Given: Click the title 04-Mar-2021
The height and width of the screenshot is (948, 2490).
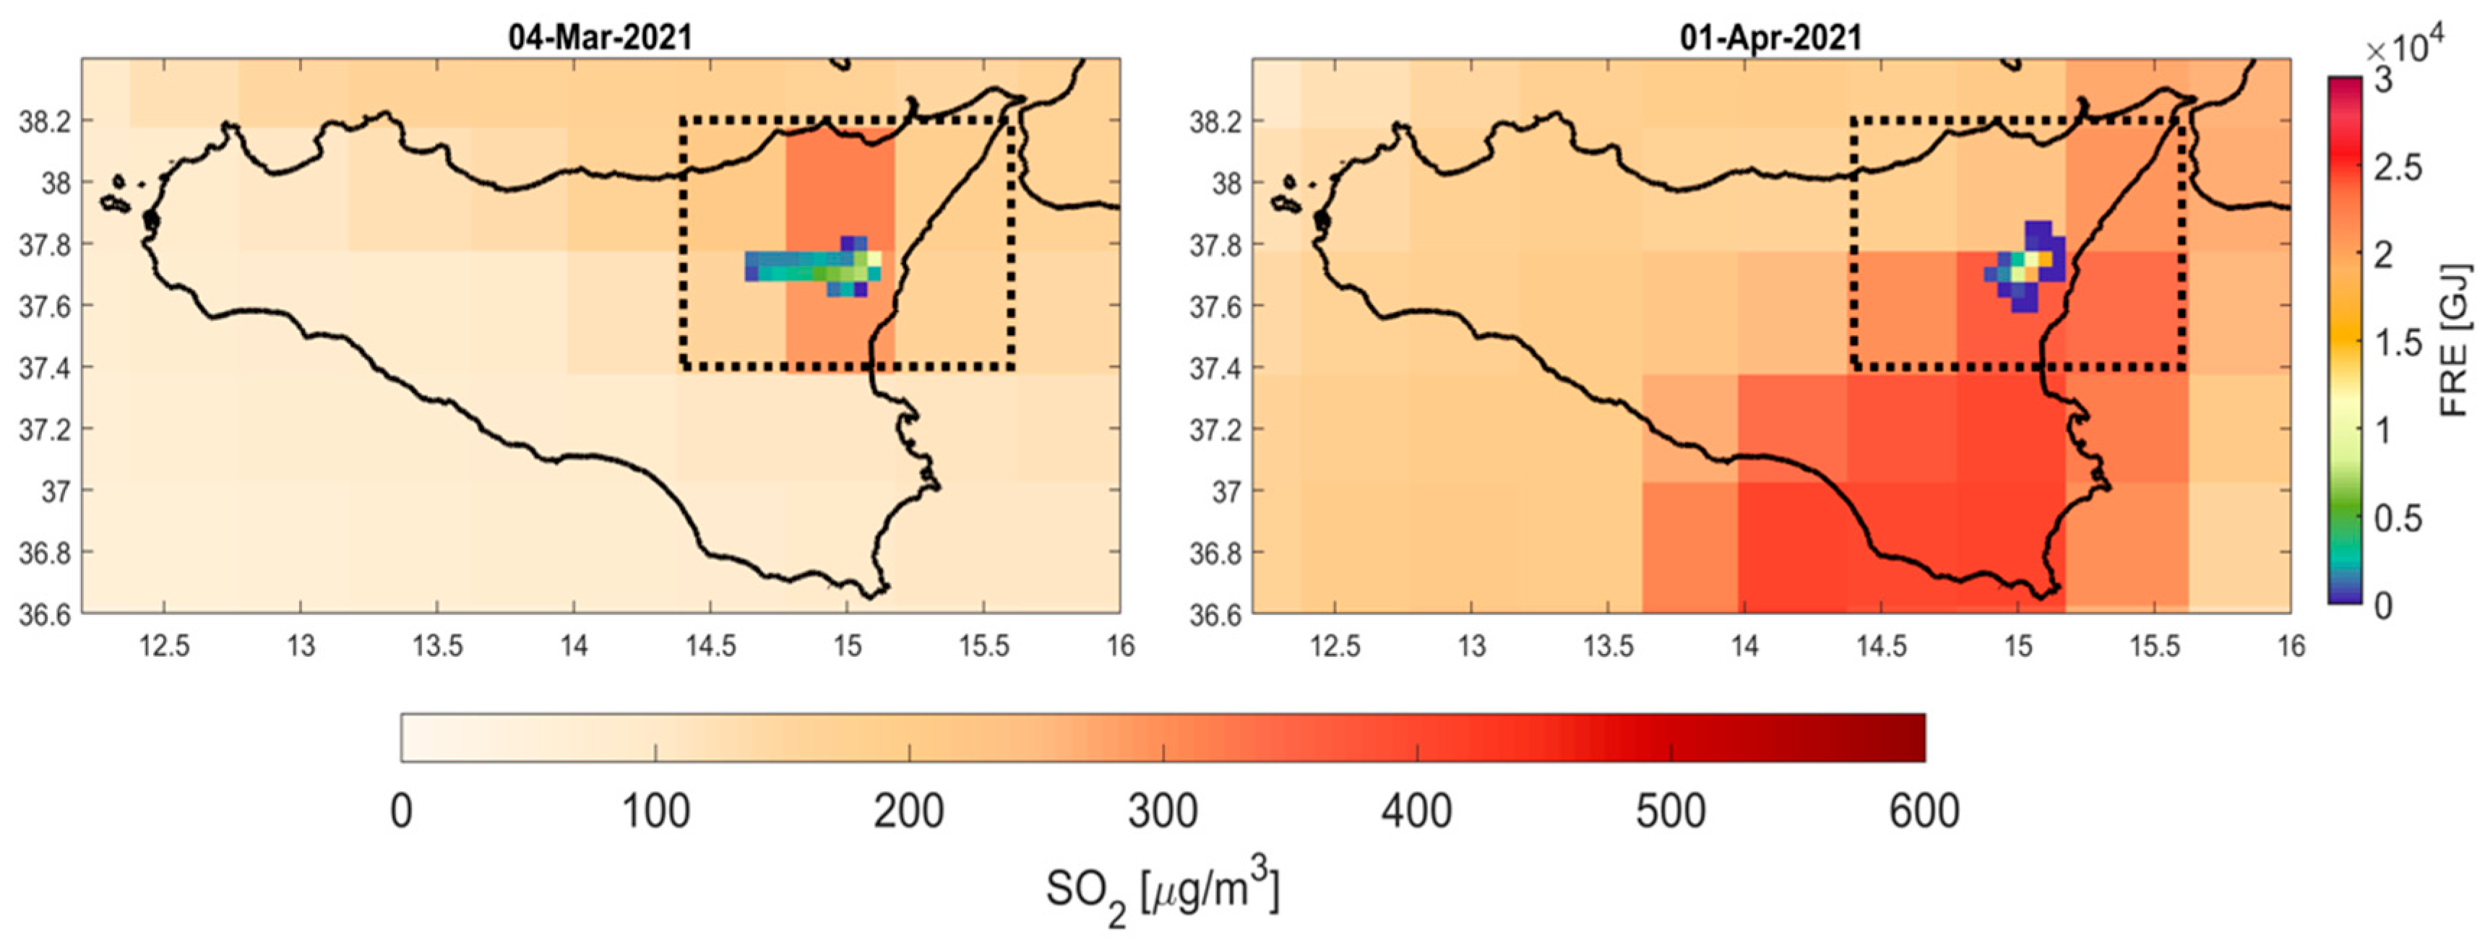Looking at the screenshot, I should click(600, 37).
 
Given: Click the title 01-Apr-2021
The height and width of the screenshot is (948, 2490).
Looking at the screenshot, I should click(1771, 37).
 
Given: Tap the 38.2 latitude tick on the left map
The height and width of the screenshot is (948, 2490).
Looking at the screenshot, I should click(45, 121).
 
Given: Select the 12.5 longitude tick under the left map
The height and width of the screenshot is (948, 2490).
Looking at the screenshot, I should click(164, 645).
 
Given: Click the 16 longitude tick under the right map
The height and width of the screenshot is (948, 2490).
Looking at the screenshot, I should click(2290, 645).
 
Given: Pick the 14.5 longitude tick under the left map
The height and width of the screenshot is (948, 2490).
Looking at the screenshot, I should click(710, 645).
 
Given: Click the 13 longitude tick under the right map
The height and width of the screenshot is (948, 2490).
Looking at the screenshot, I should click(1471, 645).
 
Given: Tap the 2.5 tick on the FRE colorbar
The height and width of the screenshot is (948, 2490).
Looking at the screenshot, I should click(2398, 167).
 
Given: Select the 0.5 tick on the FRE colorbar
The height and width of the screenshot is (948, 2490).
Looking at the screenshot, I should click(2398, 519).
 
